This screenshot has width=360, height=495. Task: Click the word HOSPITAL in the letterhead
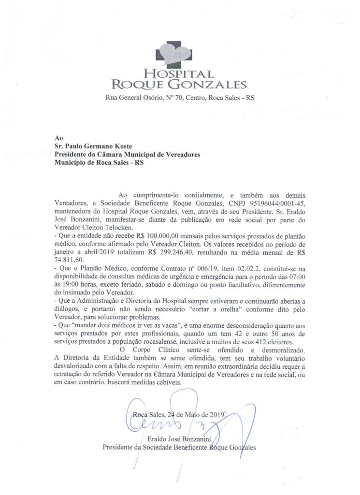179,74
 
